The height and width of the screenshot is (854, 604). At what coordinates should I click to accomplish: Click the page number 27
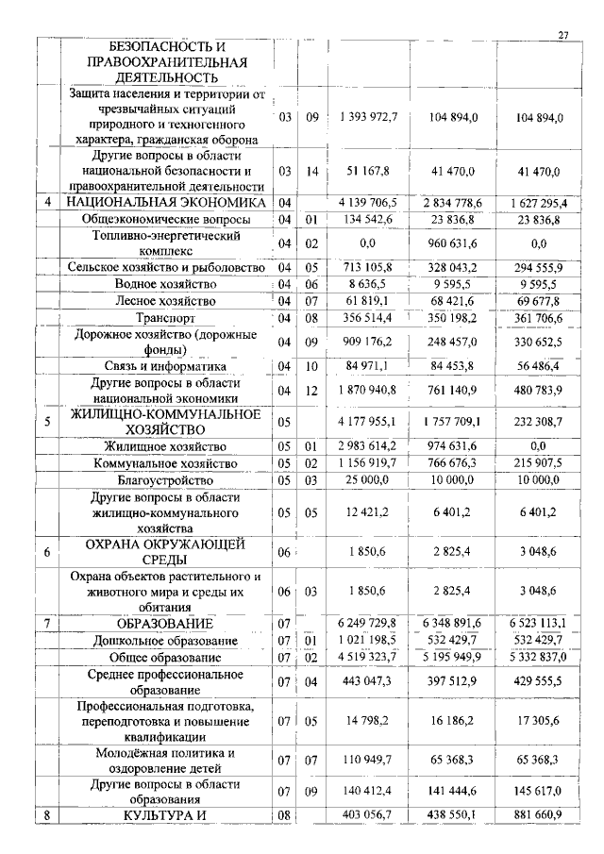coord(563,35)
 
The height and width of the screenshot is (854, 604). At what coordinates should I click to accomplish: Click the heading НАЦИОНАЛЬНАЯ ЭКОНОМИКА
coord(165,202)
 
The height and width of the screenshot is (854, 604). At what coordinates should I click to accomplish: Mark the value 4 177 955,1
coord(369,421)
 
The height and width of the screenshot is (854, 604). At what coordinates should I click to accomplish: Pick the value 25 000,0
coord(369,480)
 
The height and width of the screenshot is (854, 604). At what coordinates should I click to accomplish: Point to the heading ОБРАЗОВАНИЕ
coord(165,624)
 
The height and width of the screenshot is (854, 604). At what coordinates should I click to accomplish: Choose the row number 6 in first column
coord(47,553)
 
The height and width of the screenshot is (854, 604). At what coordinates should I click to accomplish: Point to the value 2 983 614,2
coord(369,446)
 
